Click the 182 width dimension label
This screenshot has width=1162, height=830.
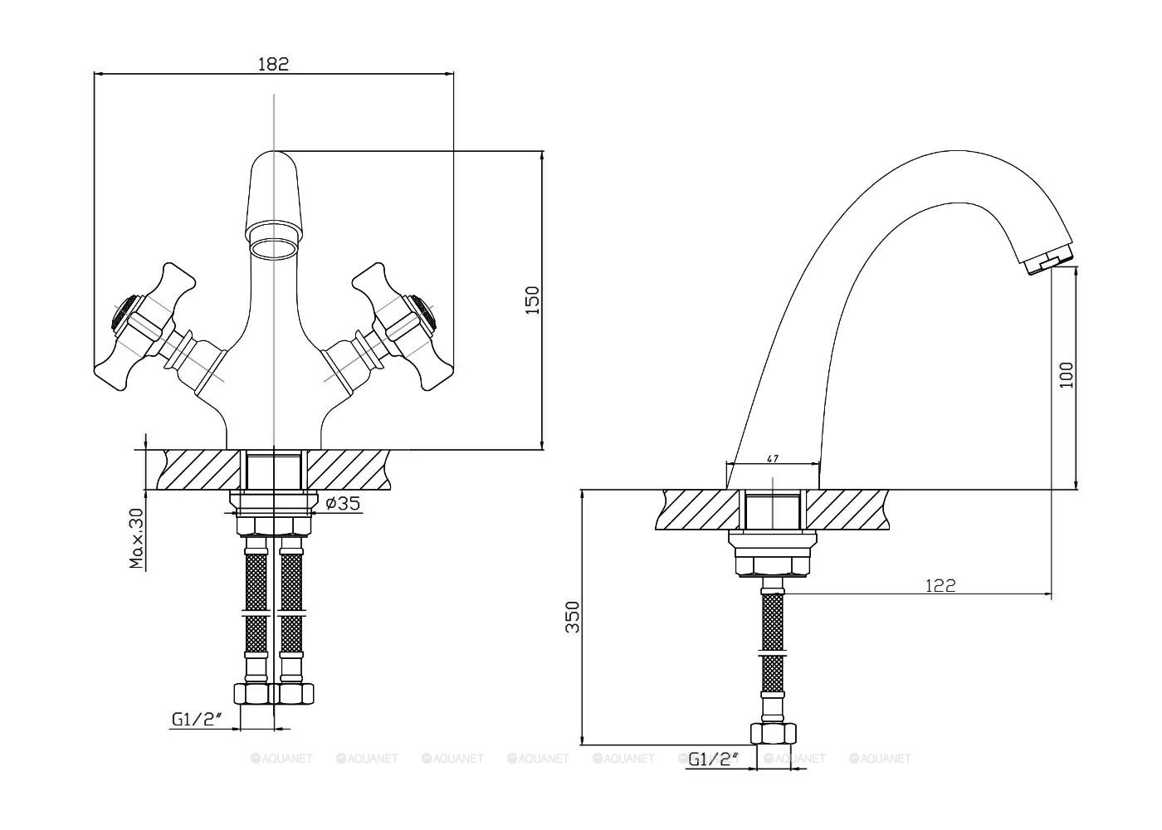point(273,64)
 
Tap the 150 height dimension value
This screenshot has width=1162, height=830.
point(532,300)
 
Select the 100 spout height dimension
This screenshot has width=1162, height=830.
point(1067,374)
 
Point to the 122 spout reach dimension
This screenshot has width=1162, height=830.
point(940,586)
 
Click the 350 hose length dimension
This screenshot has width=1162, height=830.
point(572,617)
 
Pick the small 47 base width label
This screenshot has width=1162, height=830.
point(773,458)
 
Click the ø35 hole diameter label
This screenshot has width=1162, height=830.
point(342,503)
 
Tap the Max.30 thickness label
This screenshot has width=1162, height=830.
point(136,539)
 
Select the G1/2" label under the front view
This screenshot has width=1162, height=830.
point(197,720)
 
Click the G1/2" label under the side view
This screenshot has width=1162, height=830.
point(713,759)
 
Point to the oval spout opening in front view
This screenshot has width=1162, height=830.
point(273,248)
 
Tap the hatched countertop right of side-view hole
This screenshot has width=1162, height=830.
point(847,510)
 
